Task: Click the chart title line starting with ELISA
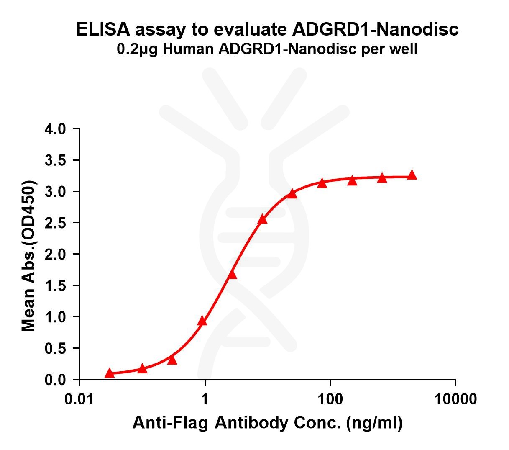267,30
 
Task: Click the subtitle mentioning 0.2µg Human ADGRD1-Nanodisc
267,50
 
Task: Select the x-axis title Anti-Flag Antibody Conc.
267,423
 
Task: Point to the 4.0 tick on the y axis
55,129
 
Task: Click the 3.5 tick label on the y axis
55,160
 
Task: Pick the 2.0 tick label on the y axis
55,255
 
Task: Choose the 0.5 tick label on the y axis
55,348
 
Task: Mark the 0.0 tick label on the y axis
55,380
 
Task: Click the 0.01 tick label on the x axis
79,399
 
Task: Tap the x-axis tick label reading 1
205,399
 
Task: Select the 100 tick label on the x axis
330,399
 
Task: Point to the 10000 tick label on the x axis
455,399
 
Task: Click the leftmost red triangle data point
109,373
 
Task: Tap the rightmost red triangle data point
412,175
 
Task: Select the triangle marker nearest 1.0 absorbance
202,321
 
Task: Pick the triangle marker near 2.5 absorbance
262,219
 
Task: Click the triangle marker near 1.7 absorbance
232,275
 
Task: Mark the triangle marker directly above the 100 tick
322,183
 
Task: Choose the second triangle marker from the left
142,368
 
